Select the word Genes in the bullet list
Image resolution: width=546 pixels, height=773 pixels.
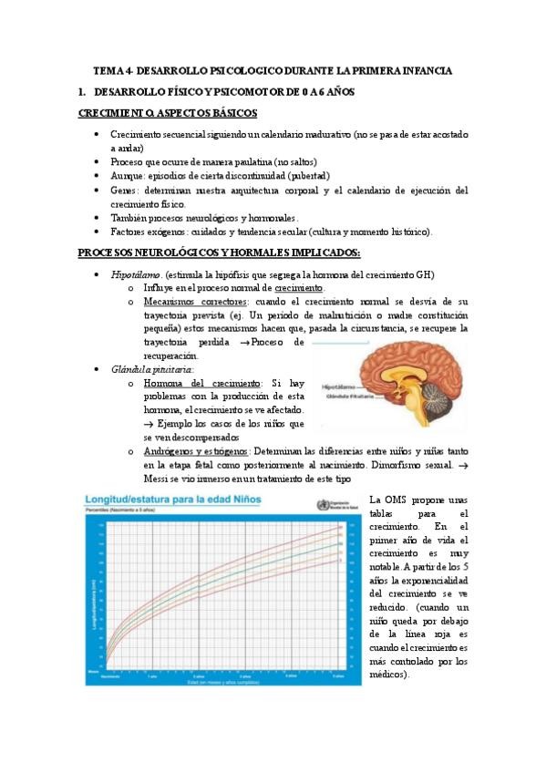click(124, 191)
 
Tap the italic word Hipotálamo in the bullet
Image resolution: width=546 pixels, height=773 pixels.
click(135, 274)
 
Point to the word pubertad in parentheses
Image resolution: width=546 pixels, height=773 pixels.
click(307, 176)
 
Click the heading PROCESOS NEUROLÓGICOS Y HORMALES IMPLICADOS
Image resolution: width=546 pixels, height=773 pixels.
click(218, 253)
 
